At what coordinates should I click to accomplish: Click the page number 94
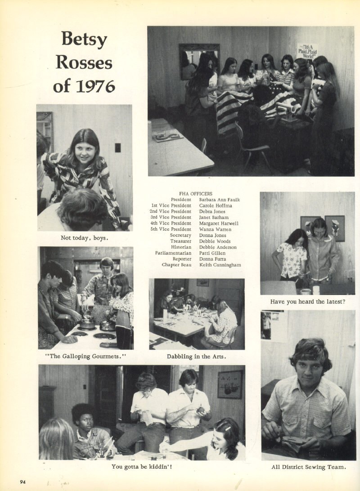point(22,482)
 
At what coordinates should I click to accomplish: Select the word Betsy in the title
point(84,40)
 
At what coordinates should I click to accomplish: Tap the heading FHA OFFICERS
point(196,194)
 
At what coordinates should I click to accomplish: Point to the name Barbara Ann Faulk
point(219,200)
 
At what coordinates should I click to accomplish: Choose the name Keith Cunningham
point(220,265)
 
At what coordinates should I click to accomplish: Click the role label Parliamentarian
point(173,253)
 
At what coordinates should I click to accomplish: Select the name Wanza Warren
point(215,229)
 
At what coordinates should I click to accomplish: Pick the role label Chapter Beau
point(176,265)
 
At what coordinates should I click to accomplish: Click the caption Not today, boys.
point(85,238)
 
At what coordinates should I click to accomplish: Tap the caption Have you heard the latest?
point(308,301)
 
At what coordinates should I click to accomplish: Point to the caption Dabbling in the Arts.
point(196,357)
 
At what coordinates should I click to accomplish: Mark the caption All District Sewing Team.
point(309,467)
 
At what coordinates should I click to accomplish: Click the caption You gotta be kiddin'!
point(142,467)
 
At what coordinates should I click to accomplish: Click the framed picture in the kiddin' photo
point(230,384)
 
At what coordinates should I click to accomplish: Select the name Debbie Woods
point(215,241)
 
